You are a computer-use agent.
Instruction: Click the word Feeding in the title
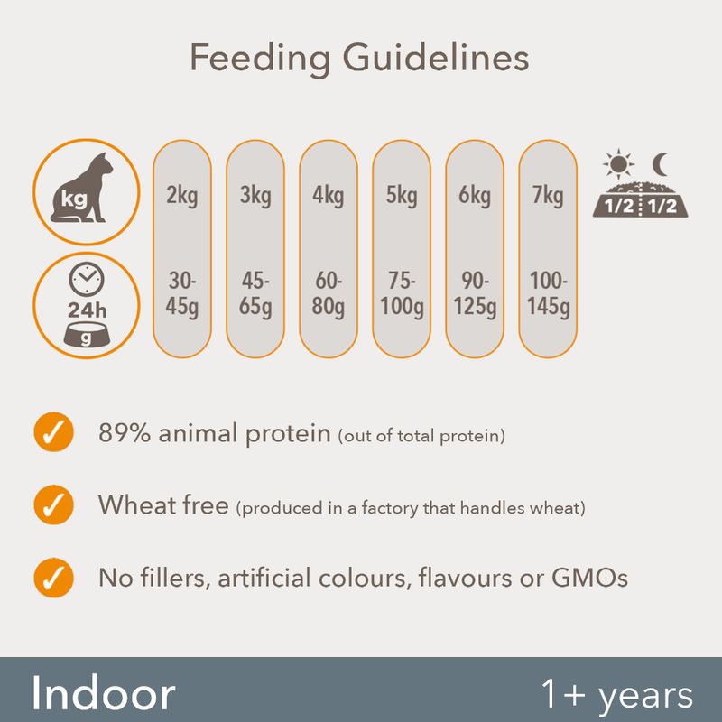(260, 59)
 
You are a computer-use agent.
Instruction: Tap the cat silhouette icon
(83, 190)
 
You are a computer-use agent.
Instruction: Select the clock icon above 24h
(87, 280)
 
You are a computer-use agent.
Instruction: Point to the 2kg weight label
(182, 196)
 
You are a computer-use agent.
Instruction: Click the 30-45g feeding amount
(182, 293)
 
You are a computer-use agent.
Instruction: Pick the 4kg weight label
(329, 196)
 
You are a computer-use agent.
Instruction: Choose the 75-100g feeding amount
(402, 293)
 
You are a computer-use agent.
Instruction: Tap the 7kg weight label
(548, 196)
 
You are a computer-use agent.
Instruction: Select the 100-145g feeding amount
(548, 293)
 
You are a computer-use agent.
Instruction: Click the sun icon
(618, 164)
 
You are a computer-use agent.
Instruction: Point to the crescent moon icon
(661, 165)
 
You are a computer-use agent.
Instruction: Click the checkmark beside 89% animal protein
(54, 432)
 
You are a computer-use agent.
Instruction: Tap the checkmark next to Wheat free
(54, 504)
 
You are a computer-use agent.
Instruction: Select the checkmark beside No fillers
(54, 578)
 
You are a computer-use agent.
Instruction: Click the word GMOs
(590, 578)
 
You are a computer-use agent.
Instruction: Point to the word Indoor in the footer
(104, 693)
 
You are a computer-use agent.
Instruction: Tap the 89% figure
(125, 433)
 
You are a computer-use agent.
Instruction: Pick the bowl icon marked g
(87, 335)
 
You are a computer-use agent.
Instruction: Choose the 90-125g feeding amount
(475, 293)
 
